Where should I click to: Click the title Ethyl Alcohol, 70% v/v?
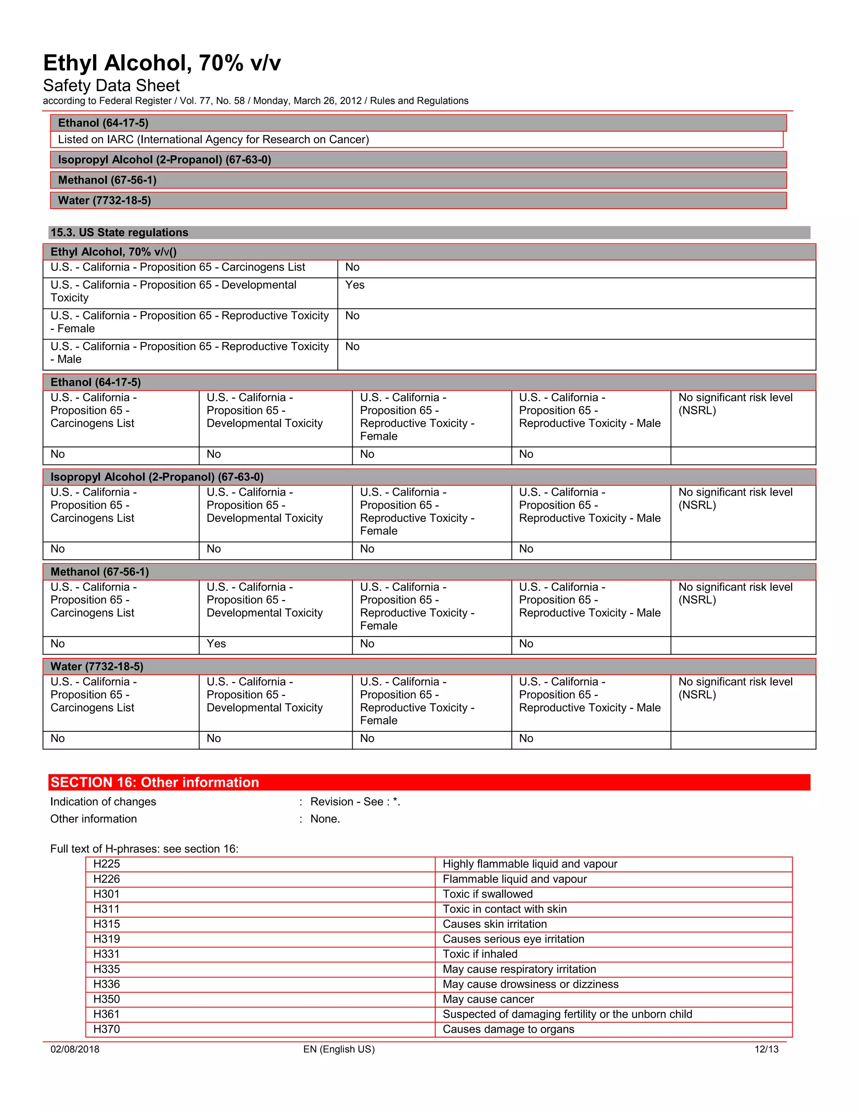162,63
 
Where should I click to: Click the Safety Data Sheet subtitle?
112,86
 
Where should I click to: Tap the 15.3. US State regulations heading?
119,233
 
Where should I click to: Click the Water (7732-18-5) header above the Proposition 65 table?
97,666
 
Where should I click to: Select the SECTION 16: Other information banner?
155,782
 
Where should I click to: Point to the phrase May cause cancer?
488,999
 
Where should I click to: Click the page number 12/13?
766,1049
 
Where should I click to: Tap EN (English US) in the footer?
339,1049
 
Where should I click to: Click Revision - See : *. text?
355,802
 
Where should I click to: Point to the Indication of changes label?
103,802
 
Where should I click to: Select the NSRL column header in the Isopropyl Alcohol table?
735,499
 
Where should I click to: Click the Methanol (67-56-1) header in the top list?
107,180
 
